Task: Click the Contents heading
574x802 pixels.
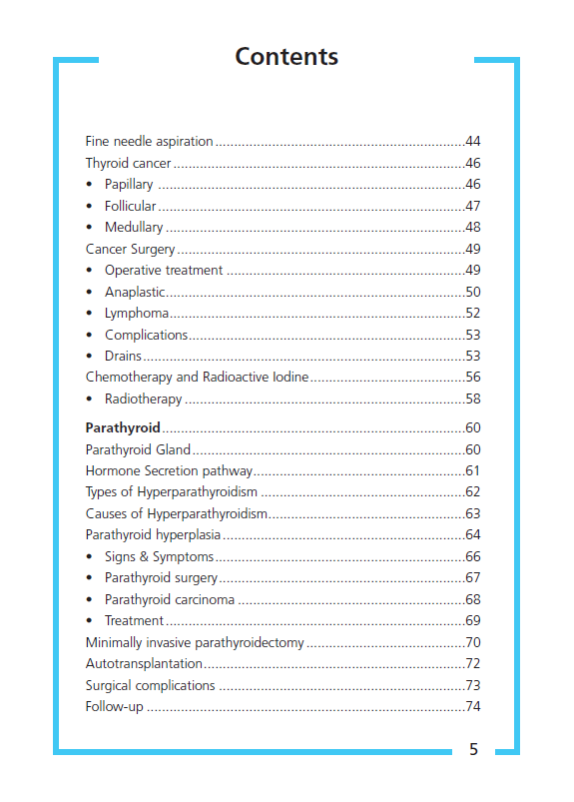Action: tap(287, 57)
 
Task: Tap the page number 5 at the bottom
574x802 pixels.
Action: tap(473, 750)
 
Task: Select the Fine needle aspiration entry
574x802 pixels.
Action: tap(149, 141)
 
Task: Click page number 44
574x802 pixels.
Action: tap(473, 141)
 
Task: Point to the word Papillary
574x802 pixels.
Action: tap(129, 184)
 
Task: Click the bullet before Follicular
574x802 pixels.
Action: tap(90, 206)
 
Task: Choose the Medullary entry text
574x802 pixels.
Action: tap(134, 227)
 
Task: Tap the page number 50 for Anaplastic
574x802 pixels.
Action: tap(473, 292)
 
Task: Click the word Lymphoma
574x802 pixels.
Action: tap(136, 314)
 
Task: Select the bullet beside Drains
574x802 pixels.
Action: tap(90, 356)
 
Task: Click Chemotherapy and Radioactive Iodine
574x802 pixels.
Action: tap(197, 377)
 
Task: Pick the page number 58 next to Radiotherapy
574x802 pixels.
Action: tap(473, 399)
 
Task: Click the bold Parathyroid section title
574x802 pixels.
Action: tap(123, 427)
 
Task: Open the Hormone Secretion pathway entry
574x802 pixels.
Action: tap(169, 470)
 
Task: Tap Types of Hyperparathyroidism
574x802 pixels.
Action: tap(172, 491)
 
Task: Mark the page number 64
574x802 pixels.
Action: tap(473, 534)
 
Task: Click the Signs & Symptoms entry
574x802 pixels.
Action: tap(159, 556)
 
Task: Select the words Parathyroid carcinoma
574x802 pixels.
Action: tap(170, 599)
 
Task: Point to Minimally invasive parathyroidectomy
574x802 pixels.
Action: tap(195, 642)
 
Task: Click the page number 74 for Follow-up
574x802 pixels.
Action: tap(473, 706)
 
